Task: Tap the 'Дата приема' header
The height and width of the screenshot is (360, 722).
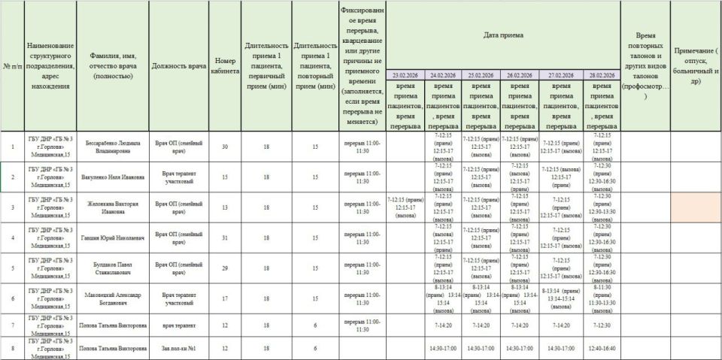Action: tap(503, 35)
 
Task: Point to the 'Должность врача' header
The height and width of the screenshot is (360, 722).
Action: tap(178, 65)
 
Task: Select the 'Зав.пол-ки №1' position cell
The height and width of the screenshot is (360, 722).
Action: tap(178, 348)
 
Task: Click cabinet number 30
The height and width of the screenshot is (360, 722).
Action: tap(225, 147)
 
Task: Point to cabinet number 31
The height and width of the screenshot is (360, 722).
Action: tap(225, 237)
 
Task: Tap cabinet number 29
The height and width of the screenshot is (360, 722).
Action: tap(225, 268)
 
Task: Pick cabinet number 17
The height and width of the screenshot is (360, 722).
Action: tap(225, 298)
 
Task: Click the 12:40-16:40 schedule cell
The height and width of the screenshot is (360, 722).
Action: tap(602, 348)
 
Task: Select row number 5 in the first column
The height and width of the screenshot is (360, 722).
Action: tap(12, 268)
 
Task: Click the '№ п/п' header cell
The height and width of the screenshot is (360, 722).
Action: tap(12, 65)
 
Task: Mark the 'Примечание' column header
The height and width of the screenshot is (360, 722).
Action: tap(696, 65)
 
